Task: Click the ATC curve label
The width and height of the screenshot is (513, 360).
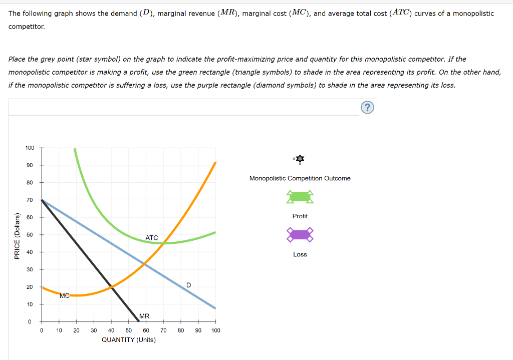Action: tap(152, 238)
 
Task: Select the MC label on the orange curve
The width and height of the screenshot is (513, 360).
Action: tap(64, 295)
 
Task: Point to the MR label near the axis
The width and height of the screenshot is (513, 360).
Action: tap(144, 316)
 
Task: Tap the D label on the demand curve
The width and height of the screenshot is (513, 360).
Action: tap(188, 285)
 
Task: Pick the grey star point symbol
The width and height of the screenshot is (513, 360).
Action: tap(300, 159)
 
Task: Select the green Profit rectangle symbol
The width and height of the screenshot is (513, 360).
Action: tap(300, 197)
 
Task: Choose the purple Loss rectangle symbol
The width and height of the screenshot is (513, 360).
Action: tap(300, 234)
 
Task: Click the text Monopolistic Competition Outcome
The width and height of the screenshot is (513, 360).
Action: tap(300, 178)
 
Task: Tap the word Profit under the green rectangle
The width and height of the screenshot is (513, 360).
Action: tap(300, 216)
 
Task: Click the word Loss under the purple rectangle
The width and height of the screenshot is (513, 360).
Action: tap(300, 254)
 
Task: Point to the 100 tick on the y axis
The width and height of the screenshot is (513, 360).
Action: tap(30, 148)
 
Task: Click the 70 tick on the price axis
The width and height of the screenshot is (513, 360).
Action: tap(30, 200)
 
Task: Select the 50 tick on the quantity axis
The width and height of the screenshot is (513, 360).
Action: tap(129, 330)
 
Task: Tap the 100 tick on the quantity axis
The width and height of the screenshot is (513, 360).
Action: tap(216, 330)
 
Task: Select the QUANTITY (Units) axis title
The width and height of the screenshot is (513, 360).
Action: tap(129, 340)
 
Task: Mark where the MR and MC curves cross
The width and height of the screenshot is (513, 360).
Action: tap(111, 286)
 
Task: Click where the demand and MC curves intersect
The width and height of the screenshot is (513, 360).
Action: tap(144, 263)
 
